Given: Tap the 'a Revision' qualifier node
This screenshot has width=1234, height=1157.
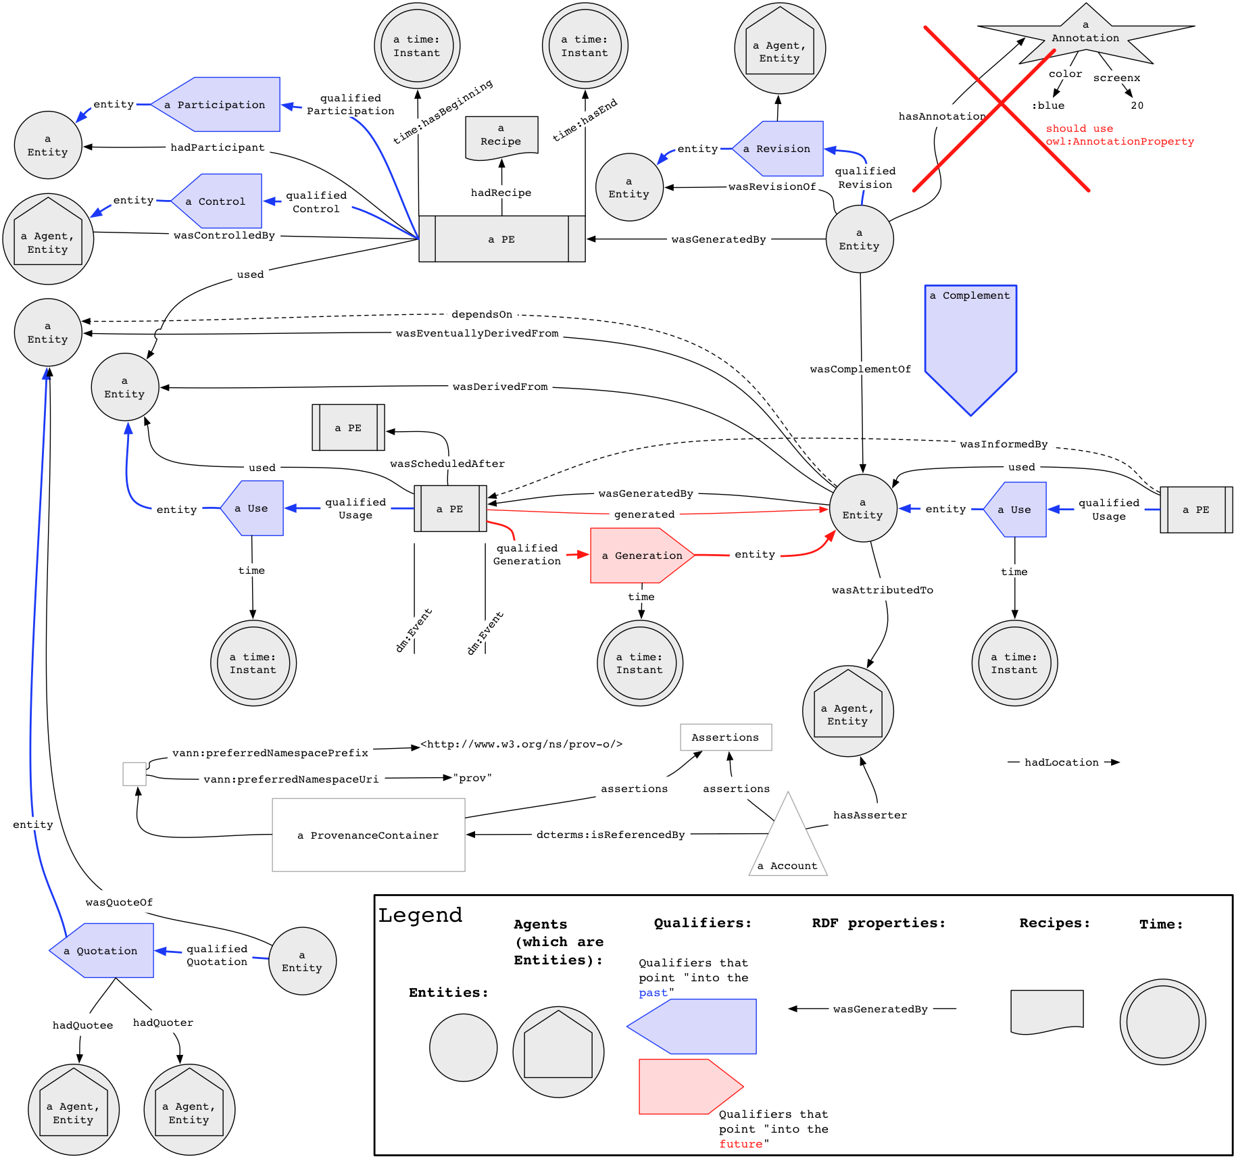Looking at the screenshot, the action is (779, 149).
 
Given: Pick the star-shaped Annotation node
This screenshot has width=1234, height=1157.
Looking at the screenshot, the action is (1085, 35).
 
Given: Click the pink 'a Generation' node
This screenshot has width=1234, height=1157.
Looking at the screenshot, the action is (642, 556).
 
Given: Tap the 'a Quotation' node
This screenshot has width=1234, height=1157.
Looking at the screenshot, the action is (102, 950).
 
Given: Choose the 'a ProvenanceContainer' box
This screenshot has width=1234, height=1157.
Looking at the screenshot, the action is (368, 835).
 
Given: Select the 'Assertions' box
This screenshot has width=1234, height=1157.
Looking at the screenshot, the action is (726, 737).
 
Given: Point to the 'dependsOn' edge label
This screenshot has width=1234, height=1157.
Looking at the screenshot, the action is (482, 314).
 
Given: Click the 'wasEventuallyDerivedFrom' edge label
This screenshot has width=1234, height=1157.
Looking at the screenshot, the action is (477, 333).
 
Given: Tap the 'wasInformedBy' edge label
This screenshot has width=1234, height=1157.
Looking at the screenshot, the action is (1004, 444).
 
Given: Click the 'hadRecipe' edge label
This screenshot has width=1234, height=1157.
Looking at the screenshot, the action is (501, 193).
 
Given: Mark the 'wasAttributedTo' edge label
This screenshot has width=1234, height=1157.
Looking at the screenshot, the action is (883, 590).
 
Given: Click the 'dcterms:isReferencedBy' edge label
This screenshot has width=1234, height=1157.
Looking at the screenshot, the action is (611, 835).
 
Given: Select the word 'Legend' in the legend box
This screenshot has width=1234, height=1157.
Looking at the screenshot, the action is (420, 915).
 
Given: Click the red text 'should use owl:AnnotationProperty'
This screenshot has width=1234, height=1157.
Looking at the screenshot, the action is (1120, 135).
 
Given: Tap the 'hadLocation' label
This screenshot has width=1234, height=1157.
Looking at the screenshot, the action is (1062, 762).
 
